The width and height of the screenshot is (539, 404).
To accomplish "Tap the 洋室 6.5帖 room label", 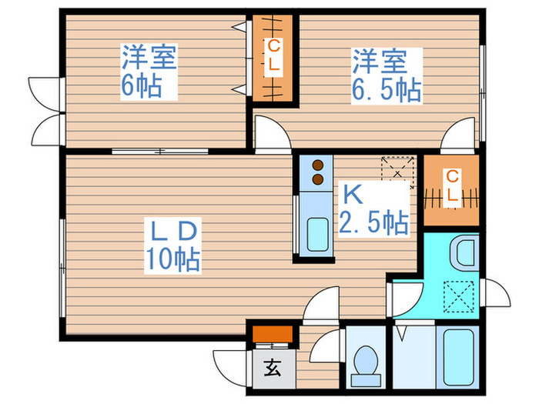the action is [387, 75].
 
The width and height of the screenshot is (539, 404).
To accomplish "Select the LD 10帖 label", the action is [172, 245].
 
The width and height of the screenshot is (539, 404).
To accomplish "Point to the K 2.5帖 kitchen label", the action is [374, 209].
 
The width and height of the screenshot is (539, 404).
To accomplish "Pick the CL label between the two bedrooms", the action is [274, 55].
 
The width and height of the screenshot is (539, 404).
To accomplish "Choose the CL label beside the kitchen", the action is [452, 186].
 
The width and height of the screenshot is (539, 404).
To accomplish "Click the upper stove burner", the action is [318, 165].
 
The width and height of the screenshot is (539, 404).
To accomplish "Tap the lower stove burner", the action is [318, 179].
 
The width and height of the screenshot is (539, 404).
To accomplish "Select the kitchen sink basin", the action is [317, 235].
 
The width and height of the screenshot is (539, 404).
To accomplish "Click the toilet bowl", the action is [366, 361].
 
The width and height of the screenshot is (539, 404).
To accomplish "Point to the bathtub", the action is [458, 358].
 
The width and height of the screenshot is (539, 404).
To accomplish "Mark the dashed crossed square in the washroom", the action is [459, 297].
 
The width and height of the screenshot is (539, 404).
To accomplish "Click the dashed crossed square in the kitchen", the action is [398, 172].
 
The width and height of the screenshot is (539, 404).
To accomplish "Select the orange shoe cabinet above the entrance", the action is [273, 334].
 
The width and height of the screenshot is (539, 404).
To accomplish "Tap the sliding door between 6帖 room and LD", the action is [160, 151].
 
